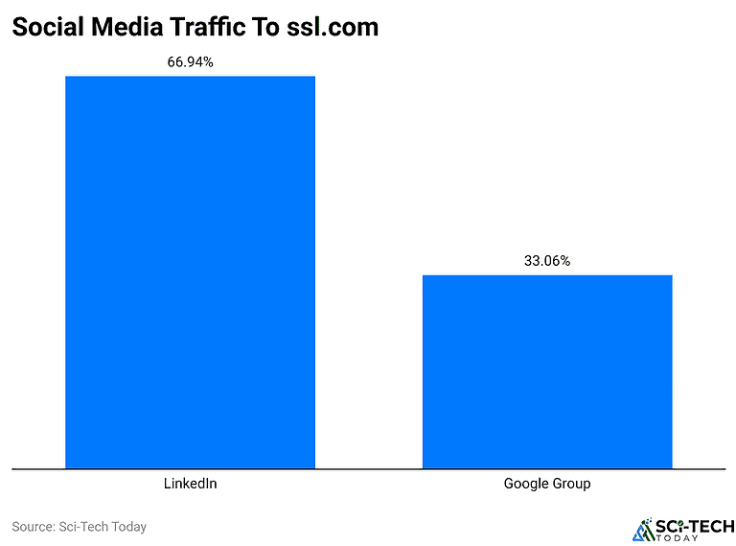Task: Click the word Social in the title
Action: coord(46,28)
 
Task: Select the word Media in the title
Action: coord(123,28)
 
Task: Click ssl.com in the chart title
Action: coord(333,28)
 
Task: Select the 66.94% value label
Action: coord(190,62)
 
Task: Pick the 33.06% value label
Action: coord(547,261)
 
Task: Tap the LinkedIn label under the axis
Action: coord(190,484)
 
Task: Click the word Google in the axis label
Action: coord(526,484)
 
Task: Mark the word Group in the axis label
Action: coord(572,484)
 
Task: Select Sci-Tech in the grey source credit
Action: coord(84,527)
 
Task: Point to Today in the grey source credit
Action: coord(129,527)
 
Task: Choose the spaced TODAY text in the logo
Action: coord(694,538)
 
